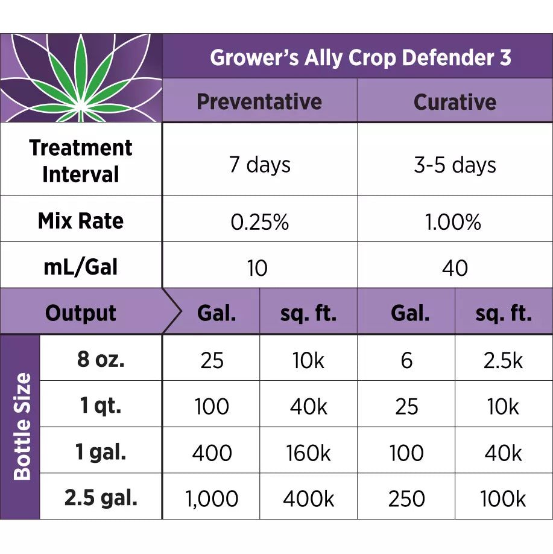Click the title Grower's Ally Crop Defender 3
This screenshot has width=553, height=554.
360,58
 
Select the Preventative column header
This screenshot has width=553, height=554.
259,101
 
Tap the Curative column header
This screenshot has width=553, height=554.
455,101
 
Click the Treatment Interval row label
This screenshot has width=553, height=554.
81,161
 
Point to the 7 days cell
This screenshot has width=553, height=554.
259,165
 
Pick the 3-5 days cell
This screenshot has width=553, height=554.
455,165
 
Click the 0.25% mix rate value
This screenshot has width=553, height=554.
259,222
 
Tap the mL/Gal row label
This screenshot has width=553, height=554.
81,267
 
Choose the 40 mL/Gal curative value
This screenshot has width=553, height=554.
455,268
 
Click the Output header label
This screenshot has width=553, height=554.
81,313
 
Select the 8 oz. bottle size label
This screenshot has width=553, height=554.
101,360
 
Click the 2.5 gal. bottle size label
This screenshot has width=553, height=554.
101,498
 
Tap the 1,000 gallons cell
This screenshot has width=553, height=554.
211,499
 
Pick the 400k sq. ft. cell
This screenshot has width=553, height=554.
309,499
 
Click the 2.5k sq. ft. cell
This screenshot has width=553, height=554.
504,360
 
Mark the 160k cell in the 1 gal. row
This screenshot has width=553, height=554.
309,453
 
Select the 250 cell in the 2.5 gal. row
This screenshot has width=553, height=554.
406,499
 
